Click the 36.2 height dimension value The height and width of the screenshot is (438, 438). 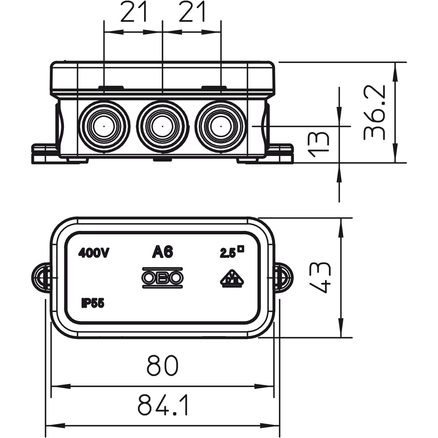tap(375, 112)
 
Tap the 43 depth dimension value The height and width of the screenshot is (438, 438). tap(320, 277)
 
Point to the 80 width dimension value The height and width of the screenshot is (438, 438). tap(162, 365)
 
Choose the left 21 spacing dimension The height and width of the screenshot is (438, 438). tap(134, 11)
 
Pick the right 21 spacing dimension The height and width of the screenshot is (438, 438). tap(192, 11)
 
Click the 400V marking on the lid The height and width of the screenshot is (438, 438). tap(93, 253)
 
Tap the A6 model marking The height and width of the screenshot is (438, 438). tap(162, 252)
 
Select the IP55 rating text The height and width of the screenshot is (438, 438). tap(93, 303)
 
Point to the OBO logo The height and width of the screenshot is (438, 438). tap(162, 278)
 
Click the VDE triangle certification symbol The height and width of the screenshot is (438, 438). tap(231, 279)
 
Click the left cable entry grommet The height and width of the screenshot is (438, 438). tap(104, 126)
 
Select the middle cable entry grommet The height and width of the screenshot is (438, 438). tap(162, 126)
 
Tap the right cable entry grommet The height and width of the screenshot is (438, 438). tap(221, 126)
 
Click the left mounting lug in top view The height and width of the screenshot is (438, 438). tap(41, 278)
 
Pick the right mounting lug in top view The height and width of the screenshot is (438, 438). tap(284, 278)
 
